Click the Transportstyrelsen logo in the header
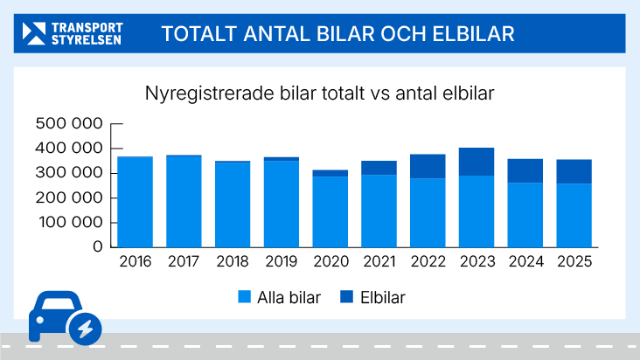(x=73, y=33)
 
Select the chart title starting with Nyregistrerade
(x=320, y=93)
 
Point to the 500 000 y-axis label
(x=69, y=124)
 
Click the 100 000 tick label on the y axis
(x=69, y=222)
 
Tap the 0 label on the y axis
(x=98, y=246)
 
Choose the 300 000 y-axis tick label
(x=69, y=173)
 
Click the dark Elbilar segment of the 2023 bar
(x=477, y=162)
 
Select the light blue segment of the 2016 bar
(x=135, y=202)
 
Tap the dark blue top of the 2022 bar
(x=428, y=166)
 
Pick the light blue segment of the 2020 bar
(x=330, y=211)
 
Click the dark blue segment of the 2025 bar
(x=574, y=171)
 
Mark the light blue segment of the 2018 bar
(x=233, y=204)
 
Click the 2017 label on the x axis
(x=184, y=262)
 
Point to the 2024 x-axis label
(x=525, y=262)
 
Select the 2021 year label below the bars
(x=379, y=262)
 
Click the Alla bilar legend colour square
(x=245, y=297)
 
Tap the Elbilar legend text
(x=382, y=297)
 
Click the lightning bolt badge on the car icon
(x=85, y=328)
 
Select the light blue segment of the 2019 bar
(x=282, y=204)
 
